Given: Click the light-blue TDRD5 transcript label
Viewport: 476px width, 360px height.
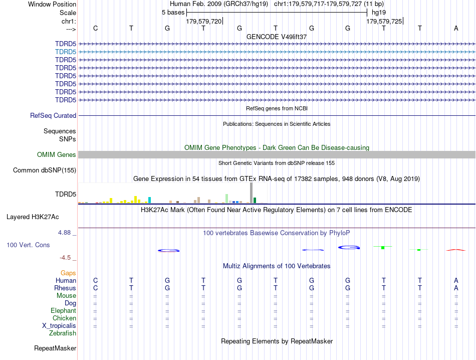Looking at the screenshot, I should (66, 52).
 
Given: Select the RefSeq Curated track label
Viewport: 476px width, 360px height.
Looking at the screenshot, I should (53, 116).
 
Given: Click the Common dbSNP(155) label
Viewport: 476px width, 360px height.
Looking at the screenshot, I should (45, 170).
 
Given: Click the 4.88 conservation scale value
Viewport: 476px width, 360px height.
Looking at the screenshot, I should (65, 233).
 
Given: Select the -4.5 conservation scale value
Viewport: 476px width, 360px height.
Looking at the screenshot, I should (66, 258).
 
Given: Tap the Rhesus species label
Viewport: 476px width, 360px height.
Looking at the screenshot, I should (65, 288).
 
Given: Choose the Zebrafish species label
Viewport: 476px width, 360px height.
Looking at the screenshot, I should (63, 333).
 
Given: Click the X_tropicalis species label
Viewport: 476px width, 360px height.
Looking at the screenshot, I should (59, 325).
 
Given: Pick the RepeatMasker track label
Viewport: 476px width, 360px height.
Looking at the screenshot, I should (55, 348).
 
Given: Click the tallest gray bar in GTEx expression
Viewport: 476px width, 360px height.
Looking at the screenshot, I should (251, 193).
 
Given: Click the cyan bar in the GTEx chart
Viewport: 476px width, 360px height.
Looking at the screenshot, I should (149, 200).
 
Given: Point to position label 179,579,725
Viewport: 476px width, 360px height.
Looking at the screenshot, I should (384, 22).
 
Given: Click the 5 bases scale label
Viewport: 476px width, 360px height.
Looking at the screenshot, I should (173, 13).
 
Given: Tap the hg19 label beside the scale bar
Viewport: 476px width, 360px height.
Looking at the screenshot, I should (379, 13).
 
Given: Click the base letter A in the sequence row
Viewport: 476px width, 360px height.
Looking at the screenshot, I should (456, 28).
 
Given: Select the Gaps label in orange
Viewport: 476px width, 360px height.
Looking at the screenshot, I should (68, 273).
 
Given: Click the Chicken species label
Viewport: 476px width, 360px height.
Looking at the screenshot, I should (64, 318).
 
